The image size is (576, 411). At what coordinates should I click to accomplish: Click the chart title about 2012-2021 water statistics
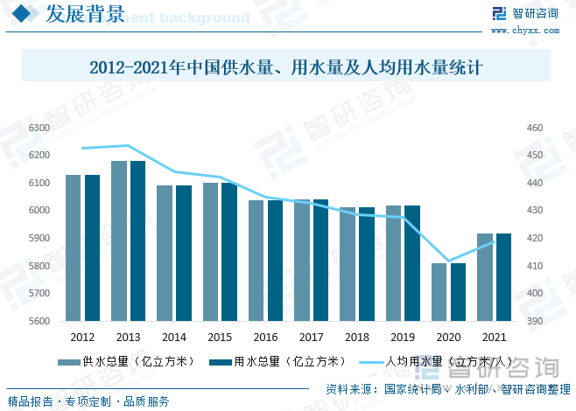pos(286,66)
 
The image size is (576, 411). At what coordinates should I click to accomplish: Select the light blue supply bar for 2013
pos(119,240)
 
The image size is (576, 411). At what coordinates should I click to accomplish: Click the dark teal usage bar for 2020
pos(458,292)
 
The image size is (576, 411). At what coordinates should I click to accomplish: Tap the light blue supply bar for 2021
pos(485,277)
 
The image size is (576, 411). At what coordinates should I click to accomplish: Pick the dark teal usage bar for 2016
pos(275,261)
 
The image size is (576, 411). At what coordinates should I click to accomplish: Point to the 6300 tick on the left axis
pos(38,128)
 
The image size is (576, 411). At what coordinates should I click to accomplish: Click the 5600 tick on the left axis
pos(38,321)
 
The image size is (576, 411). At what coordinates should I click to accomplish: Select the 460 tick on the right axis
pos(534,128)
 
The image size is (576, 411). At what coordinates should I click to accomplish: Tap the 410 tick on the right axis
pos(534,266)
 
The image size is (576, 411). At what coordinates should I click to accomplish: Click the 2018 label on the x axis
pos(356,337)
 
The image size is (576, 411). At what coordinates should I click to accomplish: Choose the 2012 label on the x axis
pos(82,337)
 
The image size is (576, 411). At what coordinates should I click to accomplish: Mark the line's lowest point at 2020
pos(448,261)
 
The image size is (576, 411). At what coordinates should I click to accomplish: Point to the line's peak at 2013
pos(128,145)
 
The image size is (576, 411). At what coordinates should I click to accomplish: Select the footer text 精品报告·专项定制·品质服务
pos(88,401)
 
